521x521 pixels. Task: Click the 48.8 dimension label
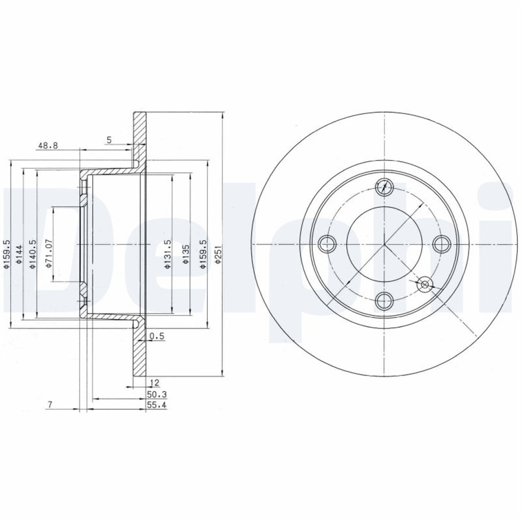coord(48,145)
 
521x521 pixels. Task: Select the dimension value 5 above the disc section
coord(109,140)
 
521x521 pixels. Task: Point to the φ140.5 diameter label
coord(32,254)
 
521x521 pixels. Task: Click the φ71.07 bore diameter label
coord(49,253)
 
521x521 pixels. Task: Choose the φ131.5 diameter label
coord(168,254)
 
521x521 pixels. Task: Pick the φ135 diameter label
coord(186,255)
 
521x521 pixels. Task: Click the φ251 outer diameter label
coord(218,255)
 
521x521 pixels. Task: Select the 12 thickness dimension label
coord(155,383)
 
